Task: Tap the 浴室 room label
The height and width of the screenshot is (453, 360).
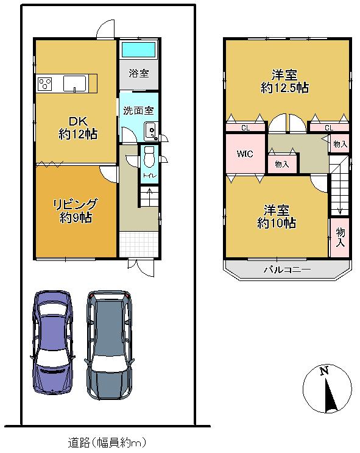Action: point(138,74)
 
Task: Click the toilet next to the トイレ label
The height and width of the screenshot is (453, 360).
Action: point(149,159)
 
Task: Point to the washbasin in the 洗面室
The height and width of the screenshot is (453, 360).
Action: point(150,130)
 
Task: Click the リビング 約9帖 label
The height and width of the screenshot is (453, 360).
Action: point(76,210)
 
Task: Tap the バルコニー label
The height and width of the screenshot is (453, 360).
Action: point(287,269)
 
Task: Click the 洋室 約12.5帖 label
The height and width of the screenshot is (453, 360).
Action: point(284,82)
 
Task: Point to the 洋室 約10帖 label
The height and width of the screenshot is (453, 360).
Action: point(277,216)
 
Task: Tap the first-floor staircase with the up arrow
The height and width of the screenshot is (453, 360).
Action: point(149,197)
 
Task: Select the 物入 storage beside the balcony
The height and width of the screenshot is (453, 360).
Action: point(340,237)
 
